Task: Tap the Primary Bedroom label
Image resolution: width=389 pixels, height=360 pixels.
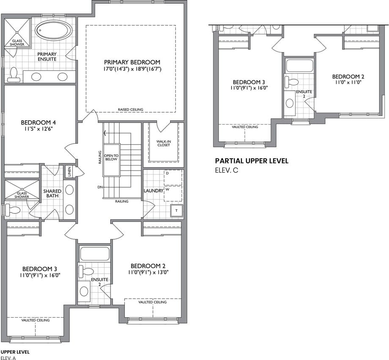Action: tap(132, 62)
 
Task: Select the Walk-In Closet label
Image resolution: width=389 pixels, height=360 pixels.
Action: tap(163, 143)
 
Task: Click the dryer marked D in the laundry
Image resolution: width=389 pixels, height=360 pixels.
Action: tap(173, 177)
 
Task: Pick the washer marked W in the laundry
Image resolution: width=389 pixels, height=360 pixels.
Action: tap(173, 194)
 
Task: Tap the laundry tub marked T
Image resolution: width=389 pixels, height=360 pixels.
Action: tap(177, 210)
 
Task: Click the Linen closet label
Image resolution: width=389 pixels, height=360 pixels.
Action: tap(69, 172)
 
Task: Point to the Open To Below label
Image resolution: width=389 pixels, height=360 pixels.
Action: tap(111, 158)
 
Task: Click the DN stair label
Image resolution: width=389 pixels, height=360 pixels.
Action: tap(100, 187)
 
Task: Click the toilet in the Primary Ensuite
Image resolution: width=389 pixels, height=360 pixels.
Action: tap(14, 75)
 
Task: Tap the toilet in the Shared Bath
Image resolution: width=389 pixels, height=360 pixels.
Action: tap(13, 210)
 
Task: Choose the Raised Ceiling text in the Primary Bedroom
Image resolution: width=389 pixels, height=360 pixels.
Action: tap(130, 110)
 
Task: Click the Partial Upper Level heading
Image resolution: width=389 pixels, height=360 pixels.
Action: tap(251, 161)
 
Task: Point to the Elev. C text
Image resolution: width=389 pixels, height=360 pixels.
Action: tap(226, 171)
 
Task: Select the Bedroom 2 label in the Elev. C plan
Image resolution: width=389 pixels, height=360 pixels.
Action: tap(348, 77)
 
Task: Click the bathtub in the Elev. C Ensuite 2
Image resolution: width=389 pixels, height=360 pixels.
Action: tap(299, 65)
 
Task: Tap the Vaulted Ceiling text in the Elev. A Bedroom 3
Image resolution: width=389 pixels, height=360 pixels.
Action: tap(36, 320)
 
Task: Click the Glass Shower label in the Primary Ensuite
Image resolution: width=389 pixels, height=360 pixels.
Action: tap(17, 42)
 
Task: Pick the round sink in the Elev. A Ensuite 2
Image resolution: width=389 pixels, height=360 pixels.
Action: tap(84, 291)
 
